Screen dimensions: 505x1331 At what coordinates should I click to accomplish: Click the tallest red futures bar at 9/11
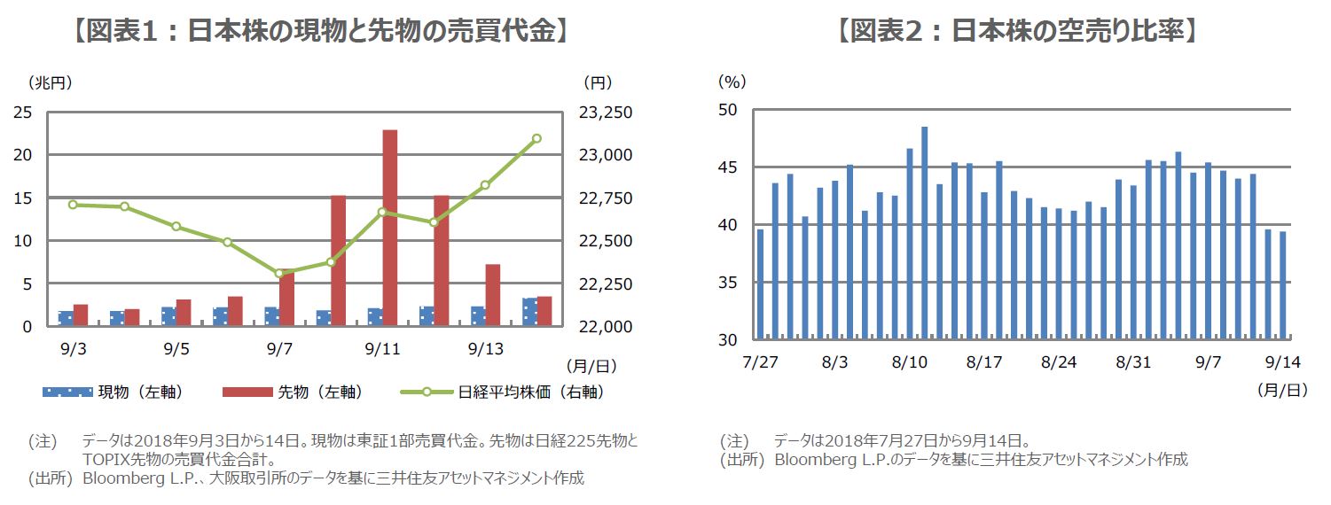[389, 228]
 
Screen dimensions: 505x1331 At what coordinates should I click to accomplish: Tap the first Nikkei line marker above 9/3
[73, 205]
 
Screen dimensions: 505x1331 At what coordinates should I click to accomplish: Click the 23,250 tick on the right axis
[606, 113]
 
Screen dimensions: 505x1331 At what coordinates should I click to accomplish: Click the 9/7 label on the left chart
[278, 349]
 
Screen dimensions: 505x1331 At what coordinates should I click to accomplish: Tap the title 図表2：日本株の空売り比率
[1016, 32]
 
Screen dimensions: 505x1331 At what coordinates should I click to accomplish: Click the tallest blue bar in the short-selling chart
[924, 232]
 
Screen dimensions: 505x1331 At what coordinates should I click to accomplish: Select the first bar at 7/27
[760, 284]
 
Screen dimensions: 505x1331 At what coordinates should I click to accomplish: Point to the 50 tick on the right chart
[729, 111]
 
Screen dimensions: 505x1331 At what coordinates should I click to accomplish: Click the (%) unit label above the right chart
[732, 82]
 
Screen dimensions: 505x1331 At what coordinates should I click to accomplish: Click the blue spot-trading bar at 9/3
[66, 319]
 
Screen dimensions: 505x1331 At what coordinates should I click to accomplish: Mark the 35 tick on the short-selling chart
[729, 283]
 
